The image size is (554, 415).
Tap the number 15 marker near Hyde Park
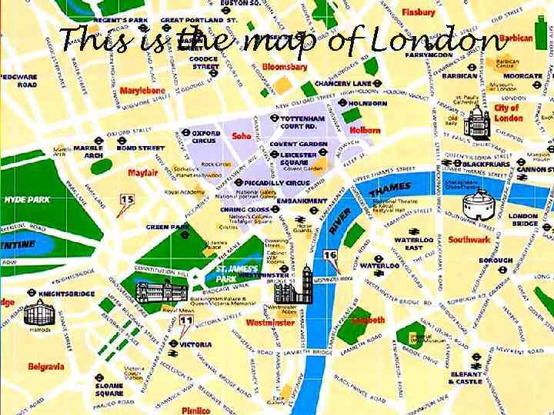[x=126, y=201]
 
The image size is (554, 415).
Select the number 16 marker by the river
[x=330, y=255]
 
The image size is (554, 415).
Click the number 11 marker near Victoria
[x=185, y=320]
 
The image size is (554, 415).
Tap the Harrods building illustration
[x=38, y=311]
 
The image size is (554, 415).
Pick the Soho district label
[x=242, y=135]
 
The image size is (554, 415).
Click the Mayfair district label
[x=143, y=172]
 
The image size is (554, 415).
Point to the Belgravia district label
[x=46, y=367]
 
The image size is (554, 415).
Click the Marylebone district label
[x=142, y=90]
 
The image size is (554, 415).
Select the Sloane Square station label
[x=109, y=389]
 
